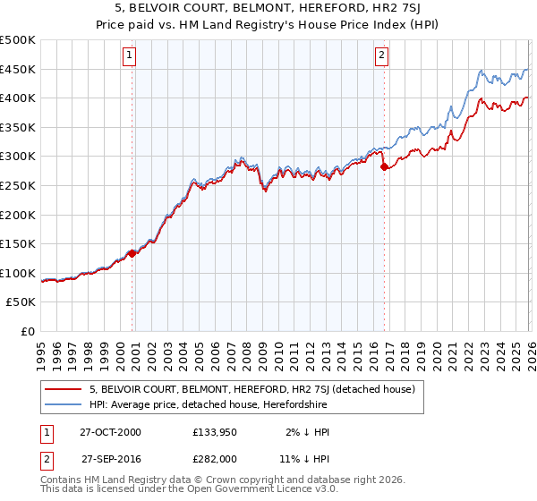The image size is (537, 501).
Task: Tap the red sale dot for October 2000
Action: click(132, 253)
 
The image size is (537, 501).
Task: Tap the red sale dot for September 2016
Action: click(384, 166)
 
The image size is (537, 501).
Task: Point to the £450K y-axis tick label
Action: click(18, 69)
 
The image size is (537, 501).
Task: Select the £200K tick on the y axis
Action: click(18, 215)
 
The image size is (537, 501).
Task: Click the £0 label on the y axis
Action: click(29, 331)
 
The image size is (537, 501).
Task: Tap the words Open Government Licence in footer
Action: click(248, 490)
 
